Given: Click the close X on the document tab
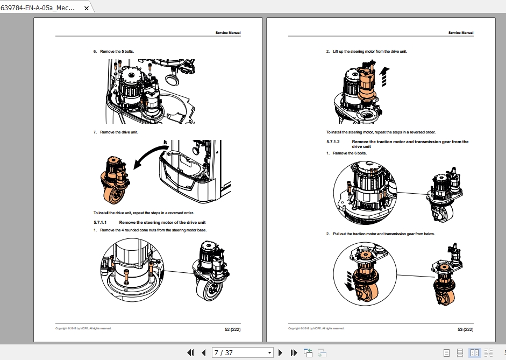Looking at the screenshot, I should pyautogui.click(x=86, y=9).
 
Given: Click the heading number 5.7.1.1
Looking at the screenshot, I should pyautogui.click(x=101, y=222).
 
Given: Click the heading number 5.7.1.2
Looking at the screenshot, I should pyautogui.click(x=333, y=142).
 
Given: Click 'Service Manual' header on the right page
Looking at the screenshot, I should pyautogui.click(x=461, y=33).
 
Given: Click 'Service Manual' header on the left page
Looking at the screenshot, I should pyautogui.click(x=228, y=33).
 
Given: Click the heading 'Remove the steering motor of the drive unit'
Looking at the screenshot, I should pyautogui.click(x=162, y=222).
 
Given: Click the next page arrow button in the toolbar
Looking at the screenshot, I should pyautogui.click(x=280, y=353).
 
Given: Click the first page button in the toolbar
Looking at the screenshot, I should pyautogui.click(x=190, y=353).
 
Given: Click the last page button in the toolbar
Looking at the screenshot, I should pyautogui.click(x=294, y=353).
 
